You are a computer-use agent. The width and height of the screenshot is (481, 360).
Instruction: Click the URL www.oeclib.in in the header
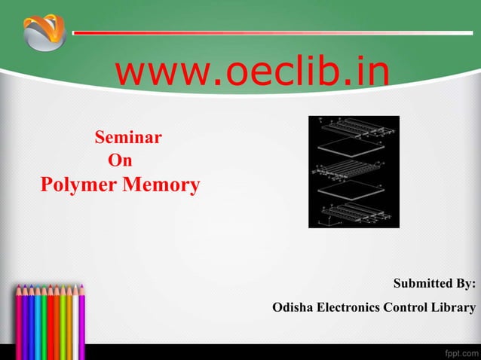tap(252, 73)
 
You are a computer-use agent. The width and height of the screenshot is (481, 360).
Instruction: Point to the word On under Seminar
tap(121, 160)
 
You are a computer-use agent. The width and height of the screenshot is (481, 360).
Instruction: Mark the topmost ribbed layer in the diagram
tap(354, 127)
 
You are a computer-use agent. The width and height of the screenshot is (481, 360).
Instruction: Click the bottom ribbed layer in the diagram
tap(354, 212)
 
